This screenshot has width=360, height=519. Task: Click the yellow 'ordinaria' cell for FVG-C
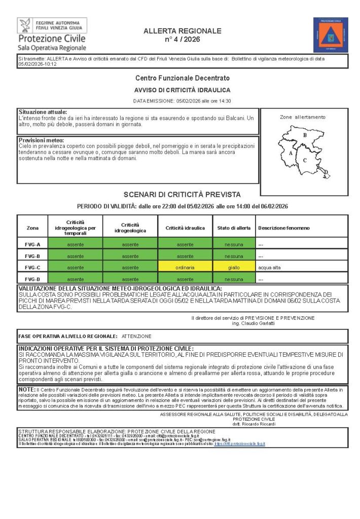click(x=185, y=268)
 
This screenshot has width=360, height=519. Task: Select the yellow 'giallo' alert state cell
click(x=234, y=268)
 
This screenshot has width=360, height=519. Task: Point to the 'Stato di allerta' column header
click(x=234, y=228)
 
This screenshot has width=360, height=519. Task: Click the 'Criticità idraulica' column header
click(x=185, y=228)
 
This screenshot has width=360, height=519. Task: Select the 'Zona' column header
click(x=32, y=228)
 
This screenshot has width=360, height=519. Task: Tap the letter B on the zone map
click(x=305, y=135)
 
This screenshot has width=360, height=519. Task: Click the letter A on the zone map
click(x=291, y=153)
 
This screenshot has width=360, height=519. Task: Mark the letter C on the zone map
click(x=305, y=160)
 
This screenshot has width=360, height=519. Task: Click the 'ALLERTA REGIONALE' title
click(x=183, y=31)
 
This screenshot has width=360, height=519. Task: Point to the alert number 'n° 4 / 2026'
click(x=183, y=39)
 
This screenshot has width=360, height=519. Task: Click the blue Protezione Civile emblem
click(x=331, y=34)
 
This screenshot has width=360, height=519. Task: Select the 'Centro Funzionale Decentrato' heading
click(x=183, y=78)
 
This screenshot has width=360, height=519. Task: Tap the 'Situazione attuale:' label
click(x=43, y=112)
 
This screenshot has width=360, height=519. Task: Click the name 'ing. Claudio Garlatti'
click(x=253, y=323)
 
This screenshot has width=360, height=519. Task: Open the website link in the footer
click(x=240, y=444)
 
